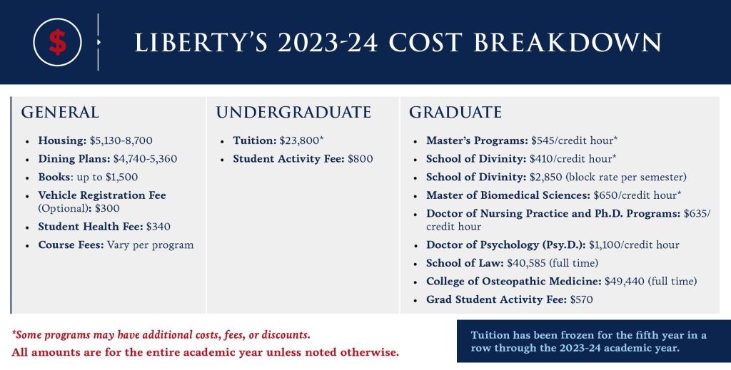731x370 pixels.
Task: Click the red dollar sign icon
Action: click(x=58, y=43)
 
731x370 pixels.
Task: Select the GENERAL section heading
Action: click(x=60, y=113)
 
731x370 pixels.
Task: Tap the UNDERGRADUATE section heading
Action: click(x=293, y=113)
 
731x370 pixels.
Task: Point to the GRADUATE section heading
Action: click(x=455, y=113)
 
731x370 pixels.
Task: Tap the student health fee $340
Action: click(x=158, y=227)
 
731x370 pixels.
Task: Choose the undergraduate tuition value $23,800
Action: click(x=298, y=141)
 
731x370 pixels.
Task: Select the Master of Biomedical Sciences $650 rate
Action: click(x=608, y=195)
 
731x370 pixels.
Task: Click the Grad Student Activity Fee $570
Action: click(x=581, y=300)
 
